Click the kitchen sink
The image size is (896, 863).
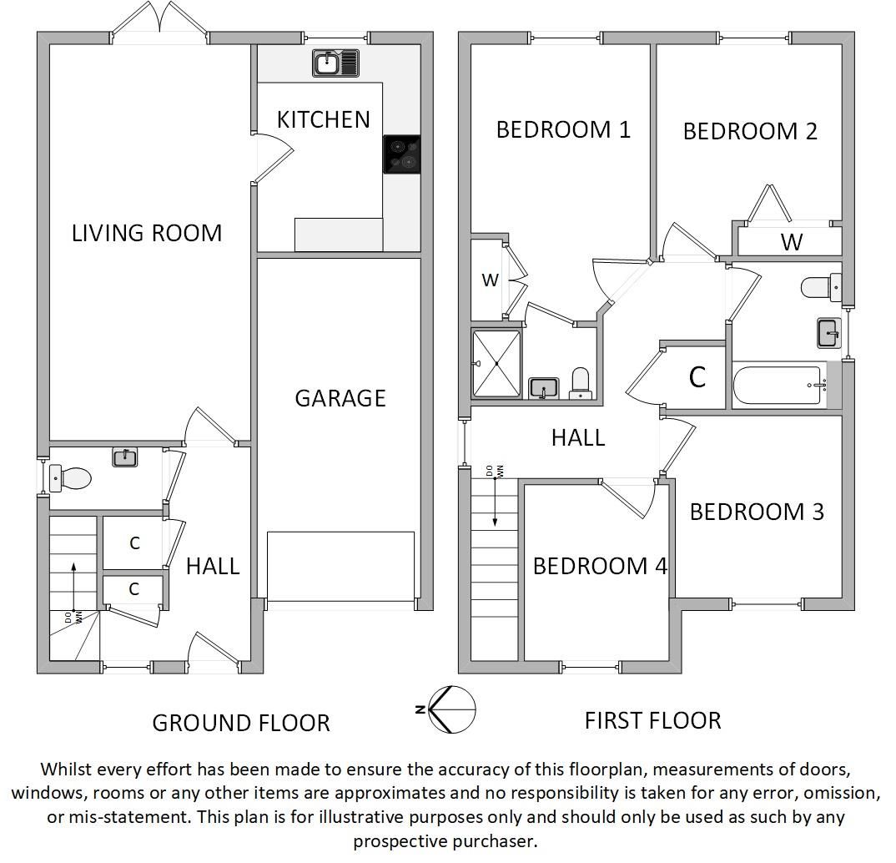click(335, 63)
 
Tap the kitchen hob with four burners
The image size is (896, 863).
click(401, 154)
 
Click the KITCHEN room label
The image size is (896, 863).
click(323, 119)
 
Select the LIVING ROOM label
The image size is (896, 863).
click(147, 233)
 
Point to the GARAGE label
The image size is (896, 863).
click(340, 398)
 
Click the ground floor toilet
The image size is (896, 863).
click(72, 478)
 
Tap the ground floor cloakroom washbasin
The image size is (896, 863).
click(125, 457)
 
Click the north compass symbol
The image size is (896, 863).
click(451, 709)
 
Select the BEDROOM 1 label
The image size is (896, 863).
click(563, 129)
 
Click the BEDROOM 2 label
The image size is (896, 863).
click(750, 131)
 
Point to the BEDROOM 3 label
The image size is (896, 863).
click(757, 512)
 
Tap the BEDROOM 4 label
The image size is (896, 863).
click(600, 566)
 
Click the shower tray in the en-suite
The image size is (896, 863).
click(496, 364)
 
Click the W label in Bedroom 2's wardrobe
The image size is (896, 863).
click(791, 242)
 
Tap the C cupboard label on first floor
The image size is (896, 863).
click(697, 377)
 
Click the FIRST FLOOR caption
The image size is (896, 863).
click(652, 720)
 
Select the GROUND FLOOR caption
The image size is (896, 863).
click(241, 723)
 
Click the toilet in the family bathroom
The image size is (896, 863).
click(820, 287)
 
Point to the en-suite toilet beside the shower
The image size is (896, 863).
click(580, 383)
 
